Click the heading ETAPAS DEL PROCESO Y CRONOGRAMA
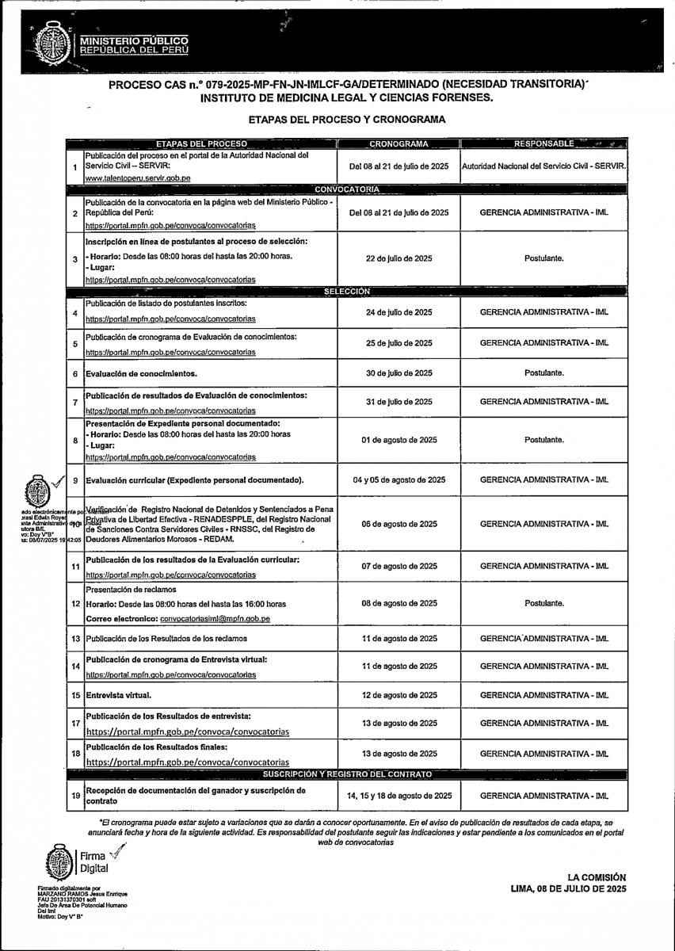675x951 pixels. (347, 120)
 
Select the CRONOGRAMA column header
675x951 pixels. (399, 143)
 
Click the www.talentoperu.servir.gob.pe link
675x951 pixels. (137, 179)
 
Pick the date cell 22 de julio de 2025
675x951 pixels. (399, 258)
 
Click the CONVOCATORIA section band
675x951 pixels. (347, 189)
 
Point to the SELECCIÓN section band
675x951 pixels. (347, 292)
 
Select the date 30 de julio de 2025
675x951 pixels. (399, 373)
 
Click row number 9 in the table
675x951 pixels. (75, 480)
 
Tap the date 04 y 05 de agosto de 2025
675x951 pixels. (399, 480)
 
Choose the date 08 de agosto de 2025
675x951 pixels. (399, 603)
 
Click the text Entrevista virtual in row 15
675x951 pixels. (118, 695)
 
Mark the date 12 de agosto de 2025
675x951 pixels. (399, 695)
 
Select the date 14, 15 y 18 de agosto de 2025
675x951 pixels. (399, 795)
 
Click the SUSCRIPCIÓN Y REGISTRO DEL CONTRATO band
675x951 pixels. (347, 773)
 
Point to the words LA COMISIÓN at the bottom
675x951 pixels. (597, 877)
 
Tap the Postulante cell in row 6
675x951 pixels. (543, 373)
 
